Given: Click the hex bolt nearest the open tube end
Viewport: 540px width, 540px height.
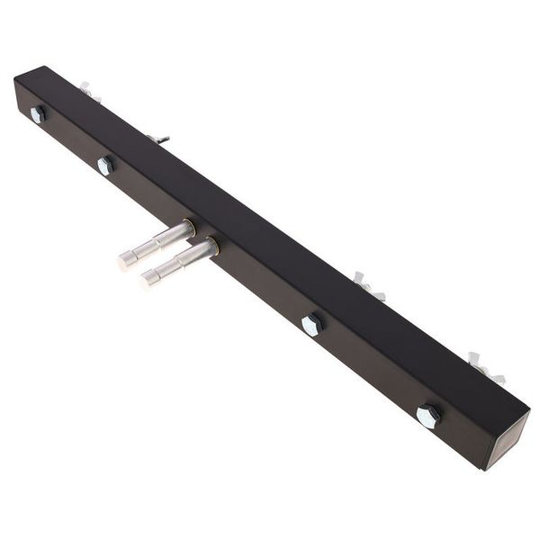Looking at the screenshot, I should click(x=427, y=416).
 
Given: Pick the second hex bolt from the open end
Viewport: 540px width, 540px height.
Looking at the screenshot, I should click(x=311, y=324).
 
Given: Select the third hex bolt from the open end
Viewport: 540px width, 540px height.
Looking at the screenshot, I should click(x=105, y=165).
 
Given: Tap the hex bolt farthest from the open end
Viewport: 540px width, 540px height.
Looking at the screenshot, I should click(x=37, y=114).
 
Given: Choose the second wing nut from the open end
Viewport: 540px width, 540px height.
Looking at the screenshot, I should click(x=368, y=285).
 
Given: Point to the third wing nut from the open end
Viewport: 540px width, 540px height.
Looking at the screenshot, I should click(x=157, y=138).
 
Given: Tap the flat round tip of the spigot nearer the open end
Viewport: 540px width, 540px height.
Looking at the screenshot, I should click(x=148, y=279).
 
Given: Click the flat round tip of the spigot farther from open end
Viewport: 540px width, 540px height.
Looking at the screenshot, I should click(x=126, y=261).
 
